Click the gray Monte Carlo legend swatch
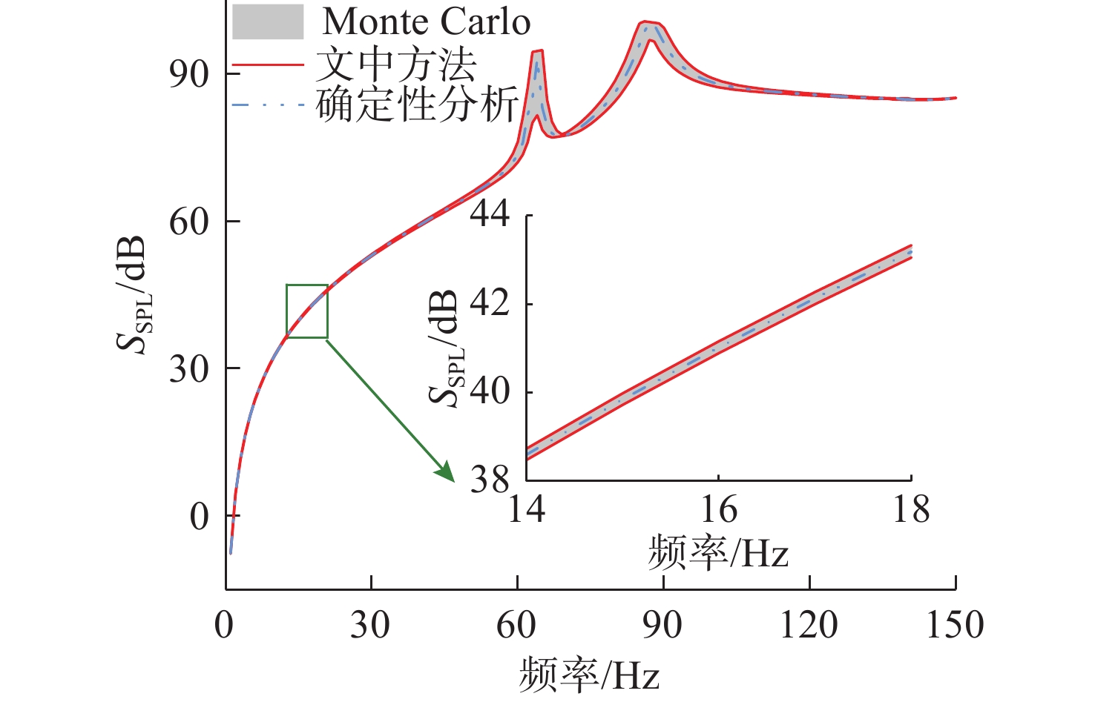point(268,21)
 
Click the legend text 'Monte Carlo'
point(427,21)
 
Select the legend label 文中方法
point(395,65)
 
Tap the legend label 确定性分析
point(416,105)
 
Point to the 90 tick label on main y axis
point(188,73)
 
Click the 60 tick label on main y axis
point(188,222)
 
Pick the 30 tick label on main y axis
point(188,368)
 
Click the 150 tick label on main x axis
point(955,625)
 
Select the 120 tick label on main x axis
point(809,625)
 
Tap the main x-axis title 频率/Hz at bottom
point(589,674)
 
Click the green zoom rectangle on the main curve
point(306,311)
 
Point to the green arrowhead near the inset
point(447,473)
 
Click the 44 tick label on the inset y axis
point(490,213)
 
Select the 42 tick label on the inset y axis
point(490,303)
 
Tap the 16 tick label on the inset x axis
point(718,510)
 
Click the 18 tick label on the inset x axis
point(910,510)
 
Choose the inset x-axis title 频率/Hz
point(717,553)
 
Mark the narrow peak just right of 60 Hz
point(537,52)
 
